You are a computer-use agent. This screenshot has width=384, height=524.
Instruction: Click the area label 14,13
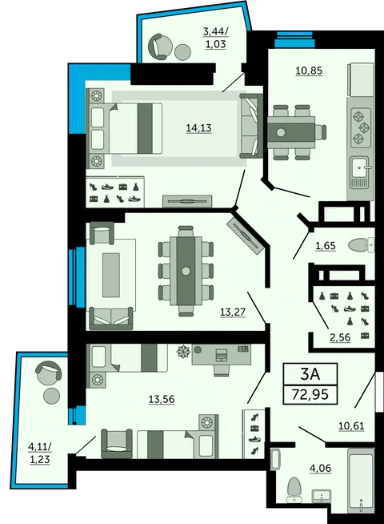[x=198, y=127]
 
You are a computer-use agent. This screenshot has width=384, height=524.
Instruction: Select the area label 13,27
[x=234, y=312]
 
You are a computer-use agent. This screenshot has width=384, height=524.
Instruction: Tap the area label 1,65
[x=325, y=245]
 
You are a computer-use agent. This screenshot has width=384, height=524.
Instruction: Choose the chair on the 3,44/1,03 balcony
[x=160, y=46]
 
